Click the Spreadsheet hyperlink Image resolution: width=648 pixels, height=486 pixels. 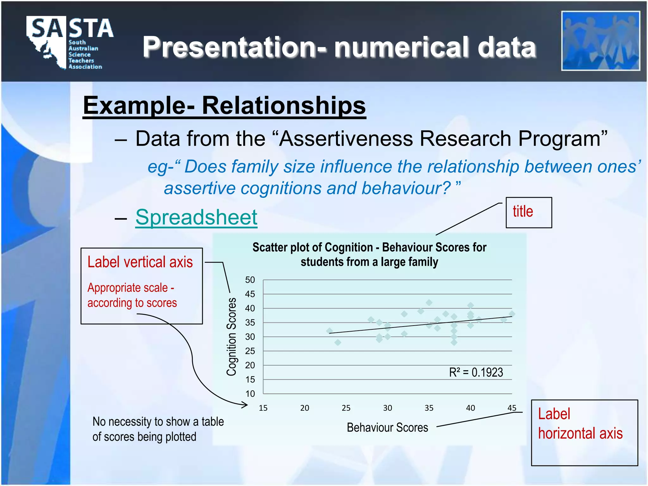pyautogui.click(x=196, y=217)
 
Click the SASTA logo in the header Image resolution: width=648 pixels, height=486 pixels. pyautogui.click(x=69, y=42)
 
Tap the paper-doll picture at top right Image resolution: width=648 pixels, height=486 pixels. pyautogui.click(x=600, y=41)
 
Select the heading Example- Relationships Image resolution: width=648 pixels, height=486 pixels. pyautogui.click(x=224, y=105)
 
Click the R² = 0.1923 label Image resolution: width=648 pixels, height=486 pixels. pyautogui.click(x=476, y=372)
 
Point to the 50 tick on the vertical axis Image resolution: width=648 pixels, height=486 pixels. pyautogui.click(x=250, y=280)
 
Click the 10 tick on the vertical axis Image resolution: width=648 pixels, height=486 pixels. pyautogui.click(x=250, y=394)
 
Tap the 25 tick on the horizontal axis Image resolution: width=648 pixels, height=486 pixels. pyautogui.click(x=346, y=408)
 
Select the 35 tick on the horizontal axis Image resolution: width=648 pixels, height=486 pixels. pyautogui.click(x=429, y=408)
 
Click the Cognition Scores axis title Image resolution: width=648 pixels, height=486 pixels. pyautogui.click(x=232, y=337)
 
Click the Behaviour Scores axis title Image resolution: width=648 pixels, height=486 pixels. pyautogui.click(x=387, y=427)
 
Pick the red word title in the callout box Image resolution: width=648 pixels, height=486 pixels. pyautogui.click(x=523, y=211)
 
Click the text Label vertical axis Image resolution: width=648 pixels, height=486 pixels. pyautogui.click(x=140, y=262)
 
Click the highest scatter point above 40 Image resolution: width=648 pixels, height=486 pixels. pyautogui.click(x=429, y=302)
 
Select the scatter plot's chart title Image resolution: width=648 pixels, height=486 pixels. pyautogui.click(x=369, y=254)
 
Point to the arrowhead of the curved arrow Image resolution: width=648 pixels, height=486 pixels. pyautogui.click(x=246, y=404)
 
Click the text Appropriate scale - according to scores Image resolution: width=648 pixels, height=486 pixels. pyautogui.click(x=132, y=295)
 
